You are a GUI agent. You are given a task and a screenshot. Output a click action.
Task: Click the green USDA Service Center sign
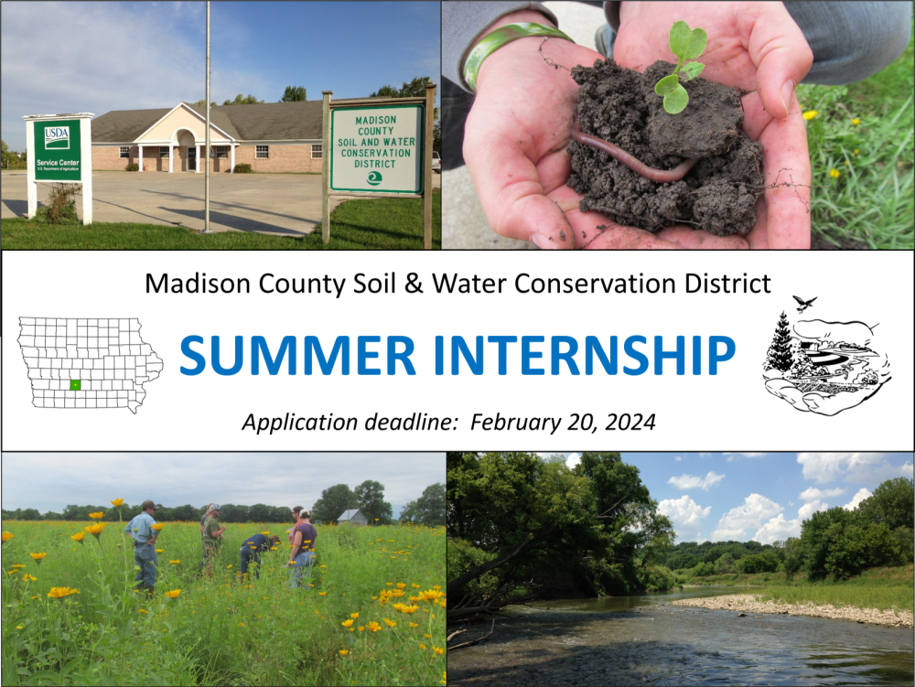click(x=57, y=151)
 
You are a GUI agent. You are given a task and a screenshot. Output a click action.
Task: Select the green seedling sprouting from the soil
click(x=682, y=69)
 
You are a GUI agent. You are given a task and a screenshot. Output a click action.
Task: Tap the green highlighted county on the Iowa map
click(x=76, y=385)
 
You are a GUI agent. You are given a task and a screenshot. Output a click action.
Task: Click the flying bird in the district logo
click(x=804, y=304)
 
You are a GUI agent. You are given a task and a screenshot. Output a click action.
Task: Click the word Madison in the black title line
click(x=191, y=284)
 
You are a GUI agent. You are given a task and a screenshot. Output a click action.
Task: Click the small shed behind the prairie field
click(x=350, y=516)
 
